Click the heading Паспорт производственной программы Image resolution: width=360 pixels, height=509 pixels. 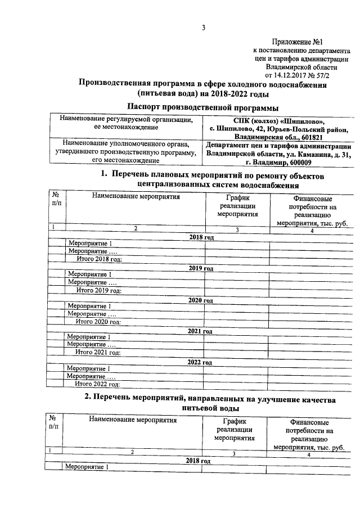pyautogui.click(x=202, y=107)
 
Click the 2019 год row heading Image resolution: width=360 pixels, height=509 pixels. pyautogui.click(x=201, y=268)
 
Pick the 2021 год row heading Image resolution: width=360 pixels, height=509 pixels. pyautogui.click(x=201, y=331)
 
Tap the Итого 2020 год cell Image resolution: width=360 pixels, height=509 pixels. pyautogui.click(x=98, y=322)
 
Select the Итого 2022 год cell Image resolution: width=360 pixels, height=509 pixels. pyautogui.click(x=98, y=384)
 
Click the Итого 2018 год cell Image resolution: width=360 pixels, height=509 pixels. pyautogui.click(x=98, y=259)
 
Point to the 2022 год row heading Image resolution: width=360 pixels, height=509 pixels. pyautogui.click(x=201, y=362)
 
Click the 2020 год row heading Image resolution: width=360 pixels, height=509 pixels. pyautogui.click(x=201, y=300)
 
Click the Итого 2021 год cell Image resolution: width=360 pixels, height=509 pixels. pyautogui.click(x=98, y=353)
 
